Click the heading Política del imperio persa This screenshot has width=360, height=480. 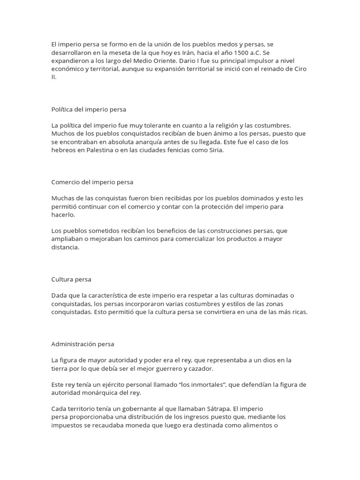pos(89,109)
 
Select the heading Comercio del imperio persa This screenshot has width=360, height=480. pos(92,182)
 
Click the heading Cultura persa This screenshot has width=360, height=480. pos(71,279)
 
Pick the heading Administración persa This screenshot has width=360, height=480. pos(82,344)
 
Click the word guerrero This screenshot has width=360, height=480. pos(154,368)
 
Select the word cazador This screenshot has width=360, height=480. pos(187,368)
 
